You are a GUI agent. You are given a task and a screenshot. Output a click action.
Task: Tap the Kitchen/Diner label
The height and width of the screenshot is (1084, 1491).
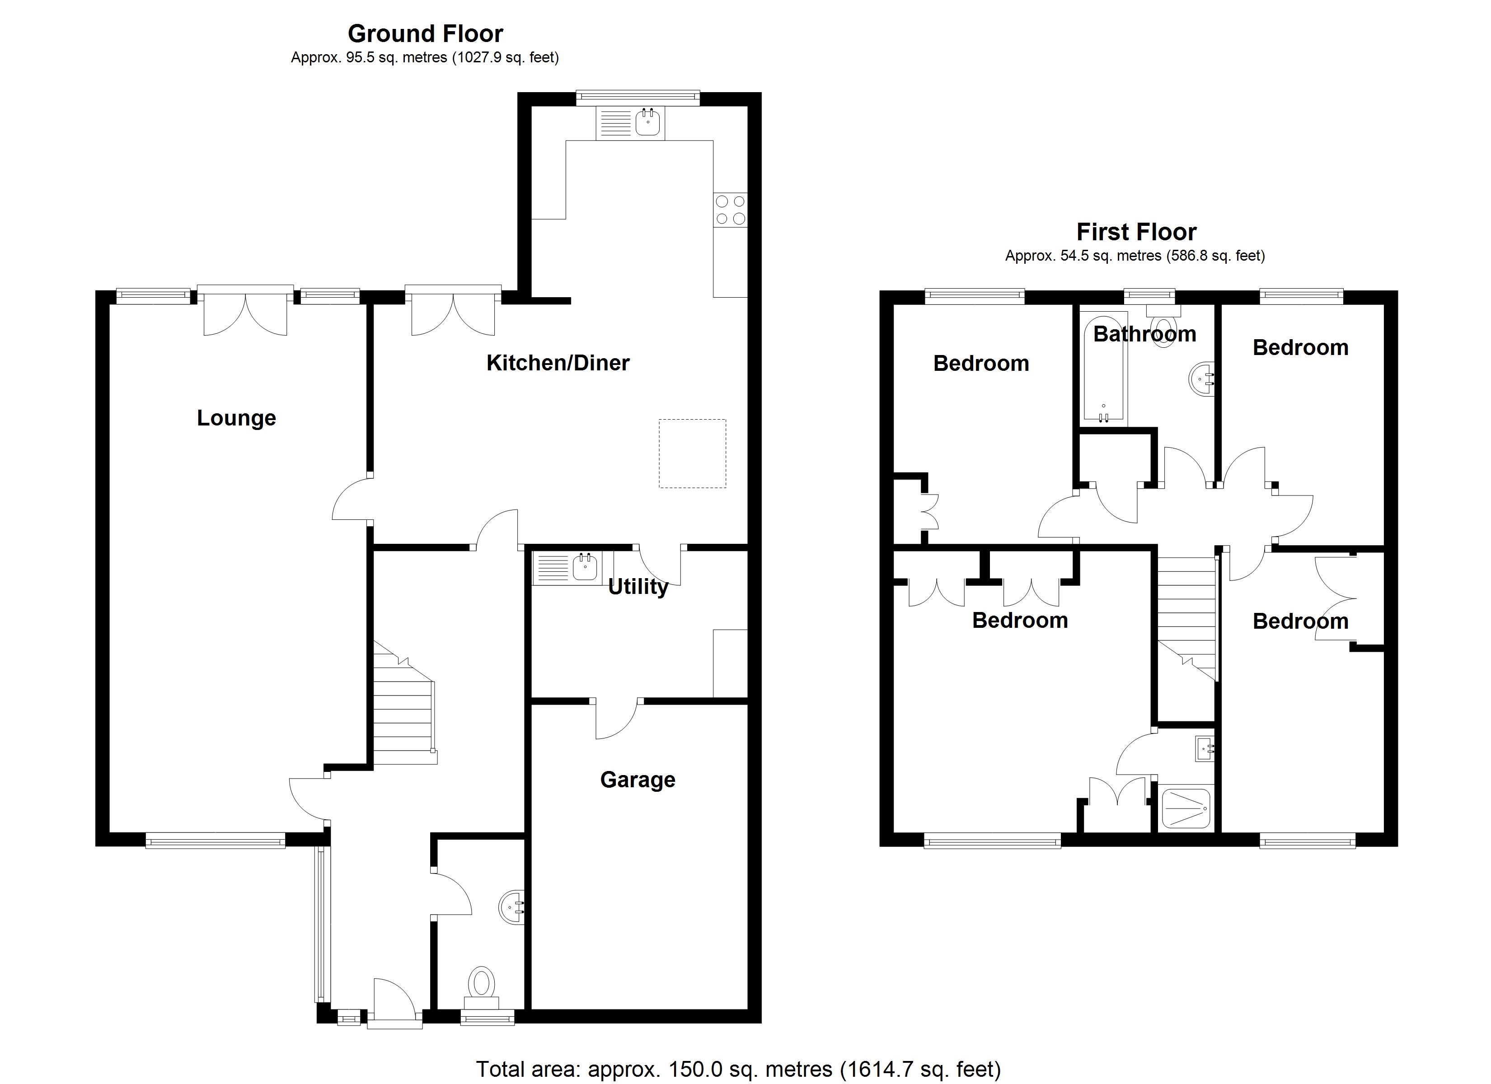click(x=558, y=363)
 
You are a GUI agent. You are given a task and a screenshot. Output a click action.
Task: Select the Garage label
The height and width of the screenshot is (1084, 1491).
click(x=637, y=780)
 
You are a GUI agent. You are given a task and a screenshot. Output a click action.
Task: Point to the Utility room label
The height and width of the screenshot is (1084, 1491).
click(x=638, y=586)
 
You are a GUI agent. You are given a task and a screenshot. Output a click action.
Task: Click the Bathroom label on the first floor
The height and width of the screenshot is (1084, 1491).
click(x=1144, y=334)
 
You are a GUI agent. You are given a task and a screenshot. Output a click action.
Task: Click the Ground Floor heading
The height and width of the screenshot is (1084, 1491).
click(x=425, y=33)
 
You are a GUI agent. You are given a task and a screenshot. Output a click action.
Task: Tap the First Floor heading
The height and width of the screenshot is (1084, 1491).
click(x=1136, y=232)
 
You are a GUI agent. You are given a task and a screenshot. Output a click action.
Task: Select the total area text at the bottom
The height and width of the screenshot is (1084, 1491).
click(x=738, y=1070)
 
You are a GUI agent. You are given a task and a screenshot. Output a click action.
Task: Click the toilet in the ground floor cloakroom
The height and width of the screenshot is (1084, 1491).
click(x=482, y=984)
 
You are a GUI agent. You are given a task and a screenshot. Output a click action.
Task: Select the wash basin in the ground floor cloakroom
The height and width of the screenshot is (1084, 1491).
click(x=512, y=908)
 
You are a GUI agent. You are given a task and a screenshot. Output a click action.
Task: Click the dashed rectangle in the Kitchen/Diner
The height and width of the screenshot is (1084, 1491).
click(x=692, y=453)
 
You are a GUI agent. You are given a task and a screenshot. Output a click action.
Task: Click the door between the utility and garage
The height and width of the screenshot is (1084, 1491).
click(x=617, y=719)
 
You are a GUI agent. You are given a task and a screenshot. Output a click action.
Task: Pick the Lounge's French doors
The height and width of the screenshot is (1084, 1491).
click(x=245, y=312)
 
